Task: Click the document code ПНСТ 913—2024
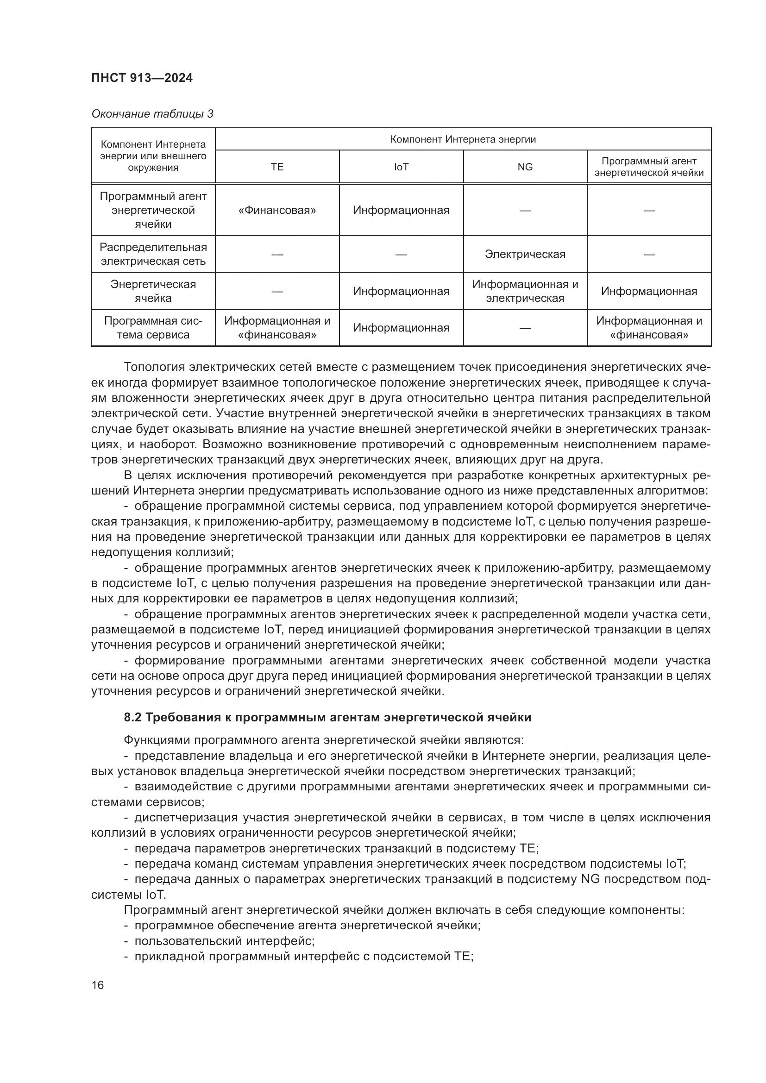pos(142,78)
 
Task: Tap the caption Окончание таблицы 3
pos(152,114)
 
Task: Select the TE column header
pos(277,167)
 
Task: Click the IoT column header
pos(401,167)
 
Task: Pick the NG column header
pos(525,167)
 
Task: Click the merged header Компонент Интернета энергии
pos(463,139)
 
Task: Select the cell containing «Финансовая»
pos(277,210)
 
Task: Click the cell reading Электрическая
pos(525,254)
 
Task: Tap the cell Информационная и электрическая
pos(525,291)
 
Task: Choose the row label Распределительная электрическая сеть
pos(153,254)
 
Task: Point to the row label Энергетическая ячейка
pos(153,291)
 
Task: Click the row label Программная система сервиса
pos(153,328)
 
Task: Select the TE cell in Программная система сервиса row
pos(277,328)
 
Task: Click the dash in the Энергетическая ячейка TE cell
pos(277,292)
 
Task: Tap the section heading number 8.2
pos(132,717)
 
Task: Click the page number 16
pos(98,985)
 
